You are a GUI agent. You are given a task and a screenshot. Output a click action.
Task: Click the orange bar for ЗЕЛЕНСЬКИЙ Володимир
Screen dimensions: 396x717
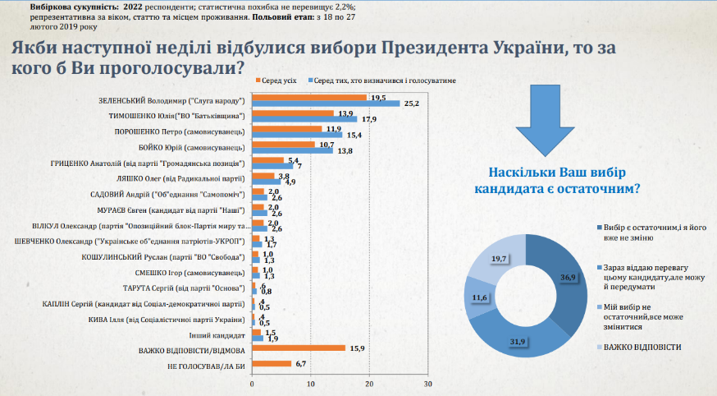click(309, 97)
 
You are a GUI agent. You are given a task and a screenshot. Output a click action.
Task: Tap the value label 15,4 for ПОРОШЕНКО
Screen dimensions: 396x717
click(354, 134)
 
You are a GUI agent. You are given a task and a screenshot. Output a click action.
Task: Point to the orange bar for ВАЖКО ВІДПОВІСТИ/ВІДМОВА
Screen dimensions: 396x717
click(299, 348)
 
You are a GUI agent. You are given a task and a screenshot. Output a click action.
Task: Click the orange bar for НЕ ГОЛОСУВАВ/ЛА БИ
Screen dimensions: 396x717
click(272, 363)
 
